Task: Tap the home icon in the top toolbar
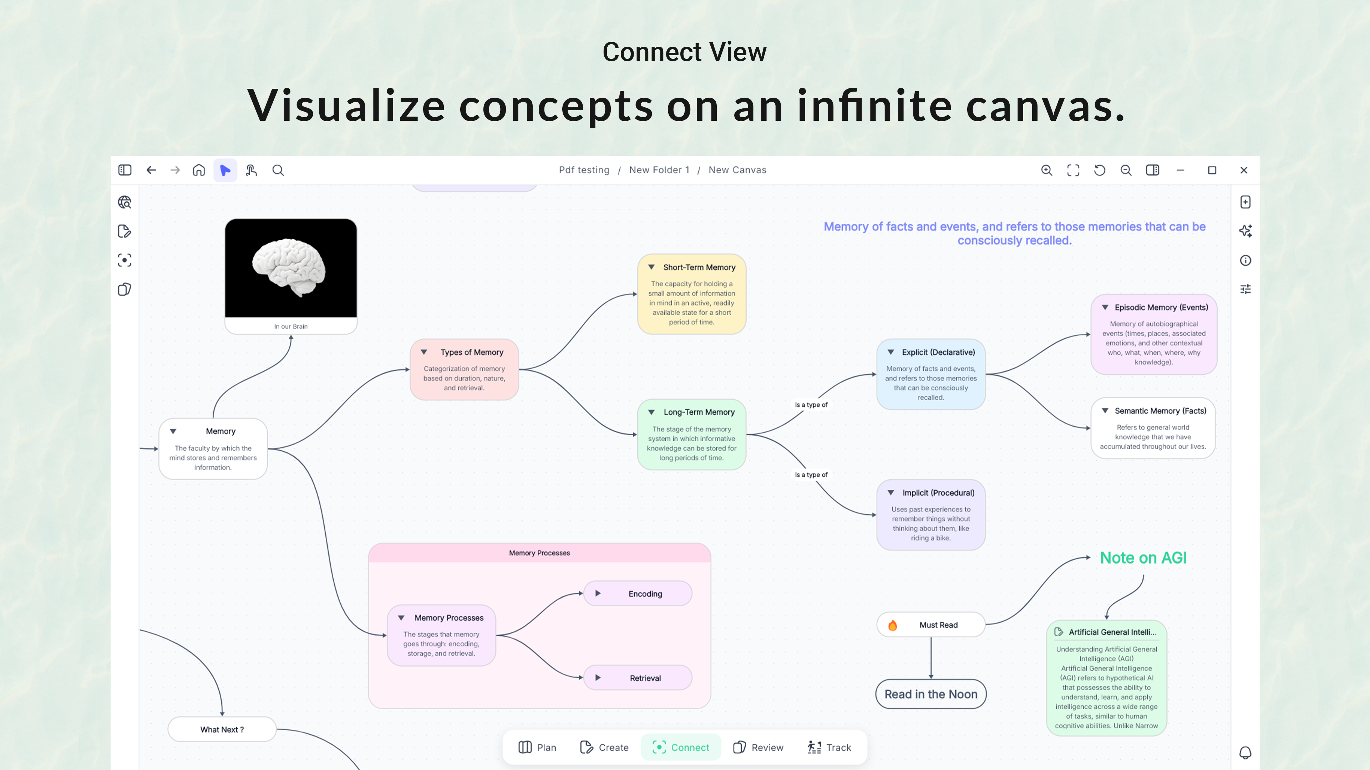199,170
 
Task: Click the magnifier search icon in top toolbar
278,170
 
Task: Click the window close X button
1243,170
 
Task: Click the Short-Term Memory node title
699,267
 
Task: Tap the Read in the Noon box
931,694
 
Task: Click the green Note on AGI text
1143,558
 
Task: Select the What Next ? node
222,730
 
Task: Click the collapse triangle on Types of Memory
424,352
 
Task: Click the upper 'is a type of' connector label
811,405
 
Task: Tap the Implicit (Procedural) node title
938,493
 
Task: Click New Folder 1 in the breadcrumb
659,170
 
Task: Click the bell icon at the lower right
1245,753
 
